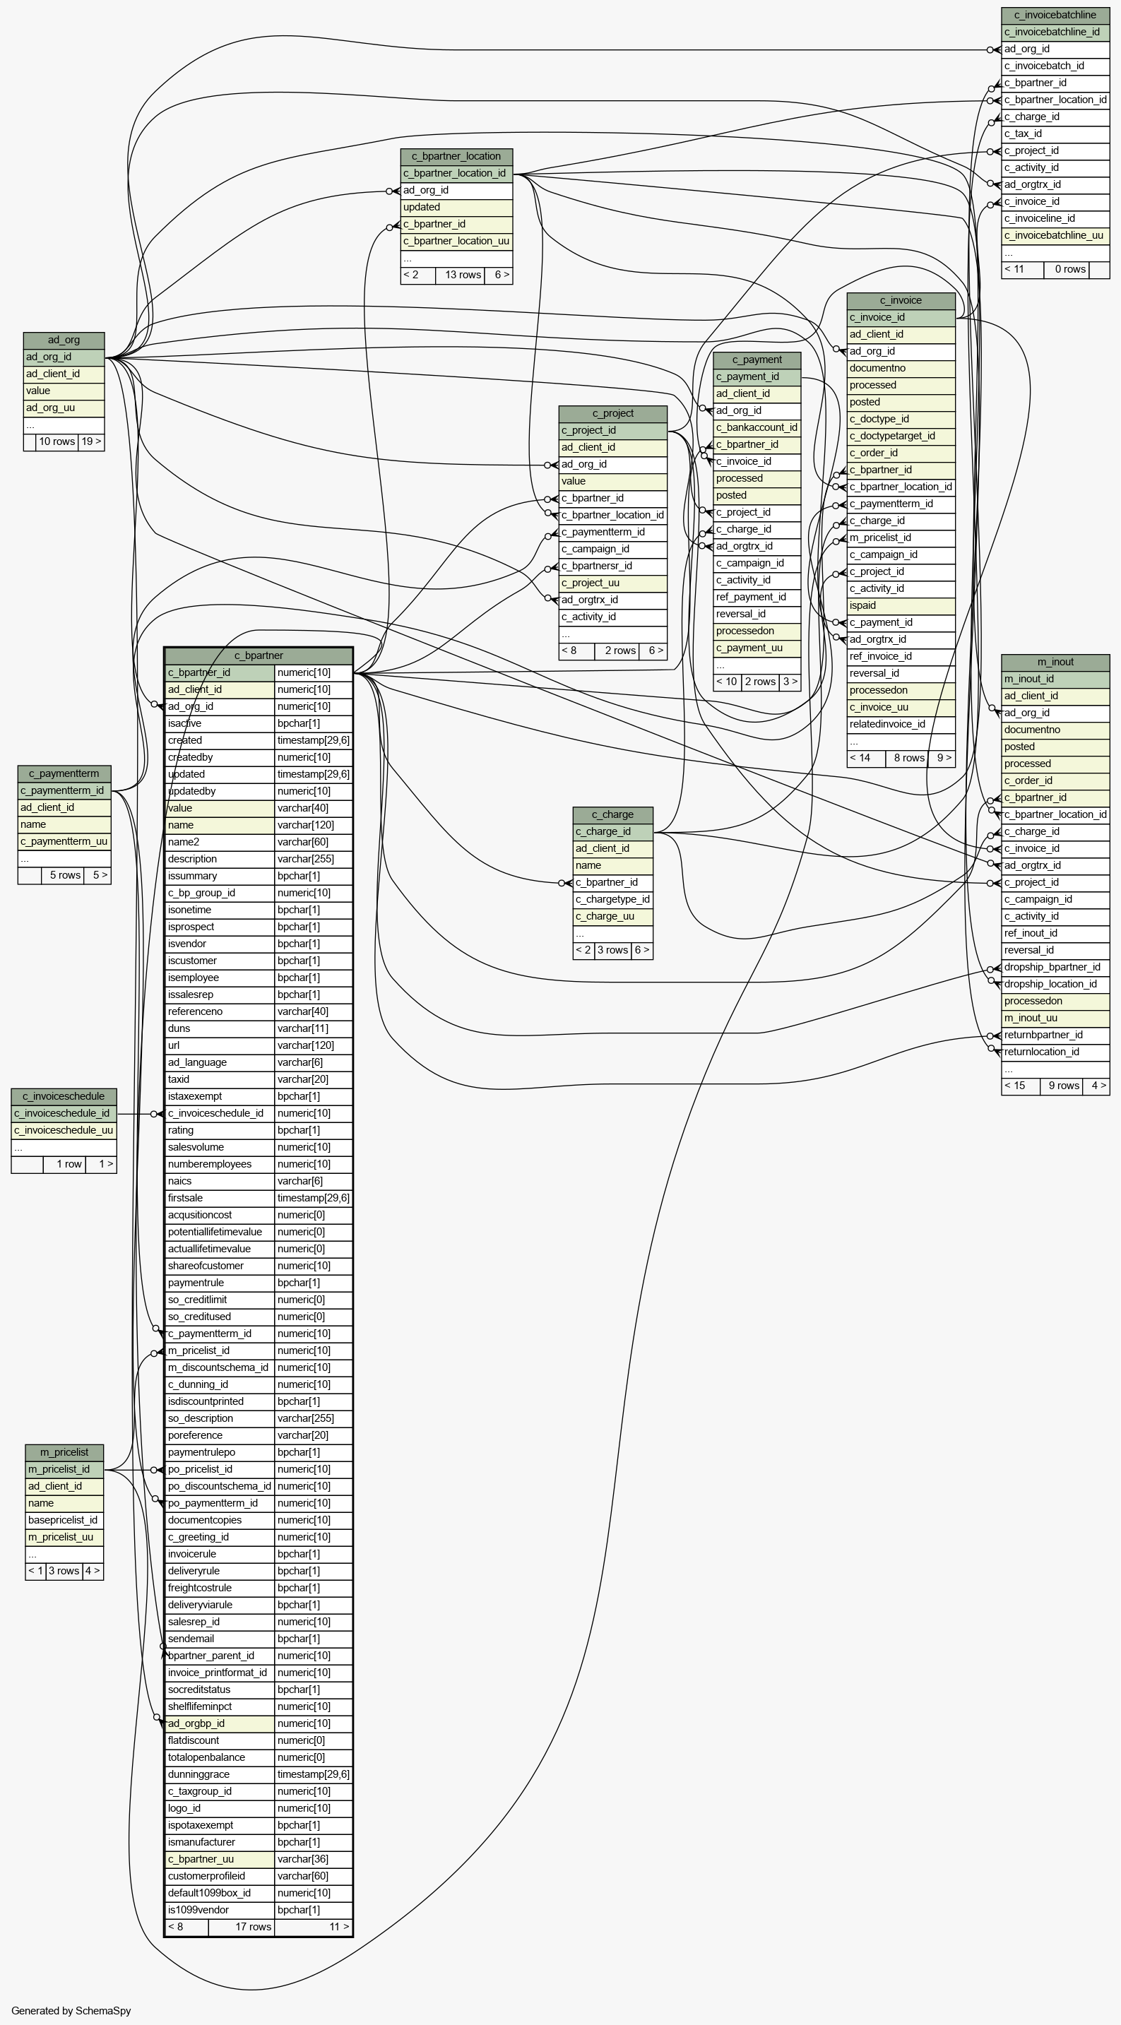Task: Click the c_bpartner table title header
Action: point(259,655)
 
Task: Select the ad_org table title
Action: point(64,340)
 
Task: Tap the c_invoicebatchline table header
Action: point(1055,15)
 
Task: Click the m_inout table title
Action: point(1055,662)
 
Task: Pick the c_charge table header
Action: point(612,814)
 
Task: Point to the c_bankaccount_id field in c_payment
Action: point(757,427)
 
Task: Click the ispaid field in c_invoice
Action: point(901,606)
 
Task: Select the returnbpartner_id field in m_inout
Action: point(1055,1035)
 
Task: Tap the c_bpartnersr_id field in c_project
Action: point(612,566)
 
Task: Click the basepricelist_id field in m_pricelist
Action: point(64,1520)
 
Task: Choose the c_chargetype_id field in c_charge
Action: point(612,899)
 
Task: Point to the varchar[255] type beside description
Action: point(313,859)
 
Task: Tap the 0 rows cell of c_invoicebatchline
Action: point(1067,270)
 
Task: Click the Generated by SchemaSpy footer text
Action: point(71,2011)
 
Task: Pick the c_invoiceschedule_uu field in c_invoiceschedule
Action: point(64,1130)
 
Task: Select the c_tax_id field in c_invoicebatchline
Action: point(1055,133)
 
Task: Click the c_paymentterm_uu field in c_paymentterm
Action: point(64,842)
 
